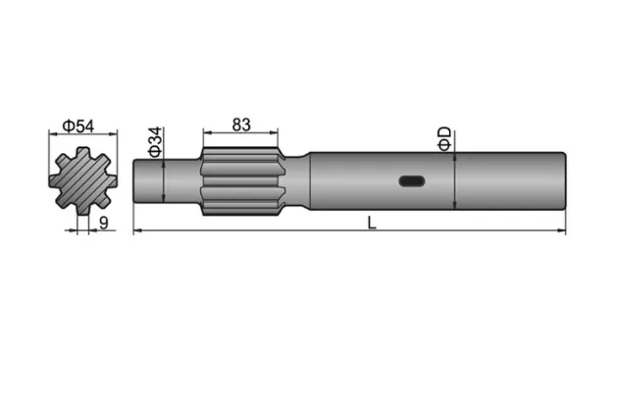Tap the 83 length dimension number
[x=240, y=125]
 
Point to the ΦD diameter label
[x=444, y=137]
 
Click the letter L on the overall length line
[x=372, y=222]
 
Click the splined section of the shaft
[x=240, y=179]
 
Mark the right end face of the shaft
[x=566, y=179]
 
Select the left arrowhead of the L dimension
[x=137, y=231]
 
